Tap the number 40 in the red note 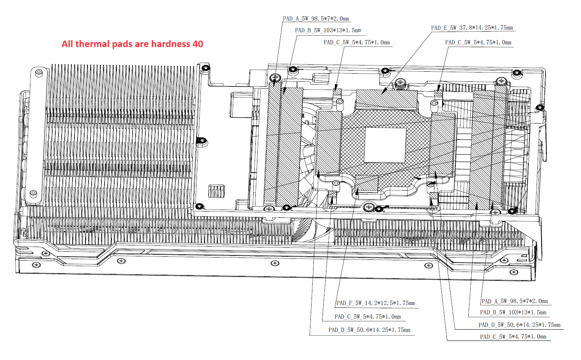tap(198, 44)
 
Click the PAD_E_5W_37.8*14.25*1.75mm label tap(472, 28)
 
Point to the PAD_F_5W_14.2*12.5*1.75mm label tap(376, 303)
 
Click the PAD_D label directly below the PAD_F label tap(369, 330)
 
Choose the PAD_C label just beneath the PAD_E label tap(478, 42)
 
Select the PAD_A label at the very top tap(316, 19)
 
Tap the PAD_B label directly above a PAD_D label tap(513, 312)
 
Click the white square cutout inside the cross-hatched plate tap(385, 145)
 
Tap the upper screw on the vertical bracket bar tap(39, 73)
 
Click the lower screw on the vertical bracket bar tap(33, 193)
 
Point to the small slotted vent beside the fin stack tap(216, 191)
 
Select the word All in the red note tap(67, 44)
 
